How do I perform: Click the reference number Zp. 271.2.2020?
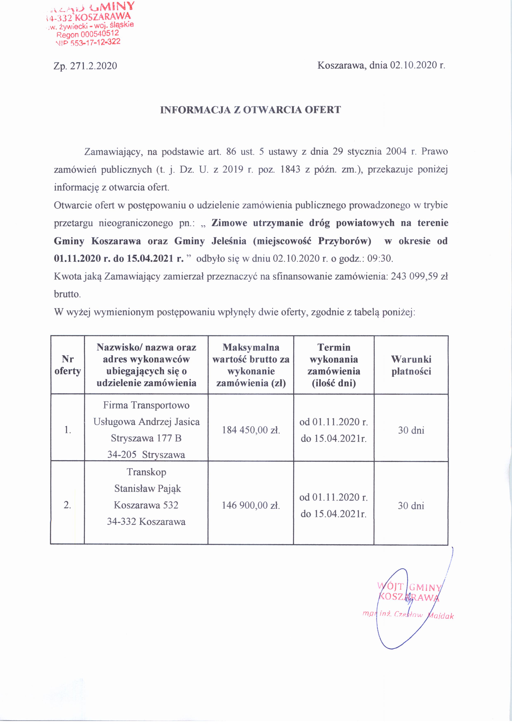click(85, 66)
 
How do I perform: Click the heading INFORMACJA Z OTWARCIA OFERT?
click(250, 110)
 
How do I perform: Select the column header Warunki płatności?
click(411, 365)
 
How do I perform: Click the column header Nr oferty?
click(68, 365)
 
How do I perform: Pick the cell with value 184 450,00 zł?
click(251, 430)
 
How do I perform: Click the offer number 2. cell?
click(67, 505)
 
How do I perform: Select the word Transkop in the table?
click(146, 472)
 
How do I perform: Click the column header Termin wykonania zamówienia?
click(334, 365)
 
